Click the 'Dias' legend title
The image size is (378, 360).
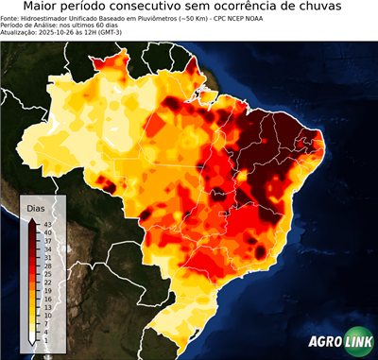tap(36, 208)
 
